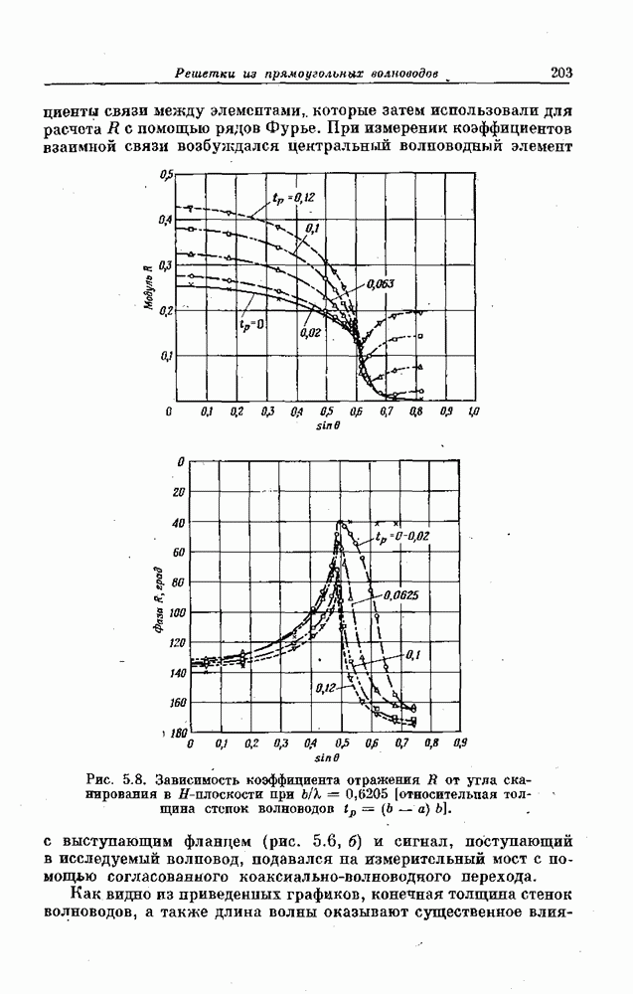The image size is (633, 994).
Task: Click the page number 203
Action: pyautogui.click(x=561, y=72)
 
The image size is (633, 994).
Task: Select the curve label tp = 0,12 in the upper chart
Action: pyautogui.click(x=293, y=198)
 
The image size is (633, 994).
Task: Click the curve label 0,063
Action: pyautogui.click(x=380, y=283)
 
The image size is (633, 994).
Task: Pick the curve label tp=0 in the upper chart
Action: pyautogui.click(x=249, y=324)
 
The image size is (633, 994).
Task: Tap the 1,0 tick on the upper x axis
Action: pyautogui.click(x=473, y=411)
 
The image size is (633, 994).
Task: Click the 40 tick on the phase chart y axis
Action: pyautogui.click(x=179, y=523)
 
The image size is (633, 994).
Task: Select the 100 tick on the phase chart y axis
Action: pyautogui.click(x=177, y=613)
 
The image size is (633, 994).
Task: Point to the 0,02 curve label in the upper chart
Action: pyautogui.click(x=308, y=332)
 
